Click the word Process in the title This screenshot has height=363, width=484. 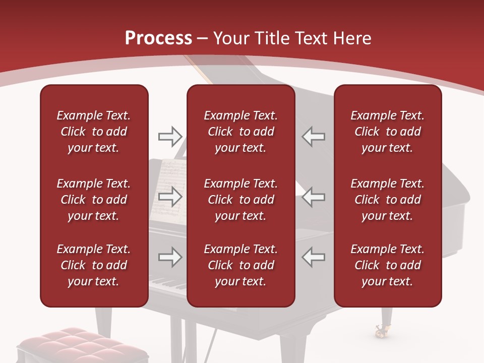click(x=158, y=38)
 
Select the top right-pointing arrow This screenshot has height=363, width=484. click(x=170, y=136)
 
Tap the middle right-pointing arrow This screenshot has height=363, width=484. click(x=170, y=197)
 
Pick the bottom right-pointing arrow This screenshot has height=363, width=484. click(x=170, y=257)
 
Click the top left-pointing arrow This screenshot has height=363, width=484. click(x=314, y=136)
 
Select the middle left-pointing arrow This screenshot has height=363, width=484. click(x=314, y=197)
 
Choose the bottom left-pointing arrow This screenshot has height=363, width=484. click(x=314, y=257)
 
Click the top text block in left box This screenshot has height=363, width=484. click(x=94, y=132)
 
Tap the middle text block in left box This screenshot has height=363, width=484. click(x=94, y=200)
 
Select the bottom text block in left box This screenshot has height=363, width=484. click(x=94, y=265)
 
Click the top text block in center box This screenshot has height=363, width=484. click(x=240, y=132)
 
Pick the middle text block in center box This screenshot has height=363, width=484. click(x=240, y=200)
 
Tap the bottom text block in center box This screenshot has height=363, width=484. click(x=240, y=265)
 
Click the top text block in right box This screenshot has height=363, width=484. click(x=387, y=132)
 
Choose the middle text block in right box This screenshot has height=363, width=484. click(x=387, y=200)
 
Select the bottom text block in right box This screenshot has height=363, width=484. click(x=387, y=265)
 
